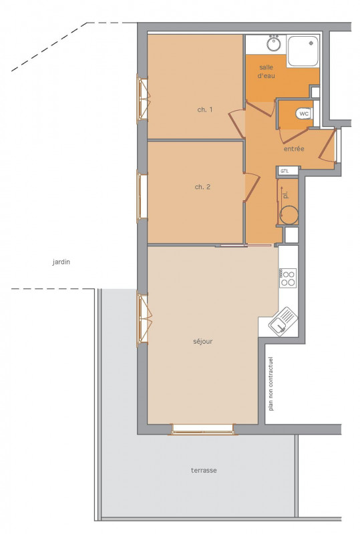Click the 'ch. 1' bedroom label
[x=205, y=109]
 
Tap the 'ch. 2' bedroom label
[x=202, y=187]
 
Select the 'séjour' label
[x=203, y=341]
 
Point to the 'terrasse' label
[x=204, y=471]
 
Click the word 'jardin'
[x=61, y=262]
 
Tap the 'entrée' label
[x=294, y=149]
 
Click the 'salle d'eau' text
[x=266, y=71]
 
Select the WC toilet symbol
[x=304, y=113]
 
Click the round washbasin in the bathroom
[x=274, y=43]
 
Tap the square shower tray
[x=303, y=51]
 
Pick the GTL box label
[x=285, y=171]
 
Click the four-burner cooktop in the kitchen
[x=288, y=278]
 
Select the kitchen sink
[x=283, y=322]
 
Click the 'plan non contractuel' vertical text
[x=271, y=384]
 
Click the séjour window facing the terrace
[x=203, y=429]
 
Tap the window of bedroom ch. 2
[x=141, y=196]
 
